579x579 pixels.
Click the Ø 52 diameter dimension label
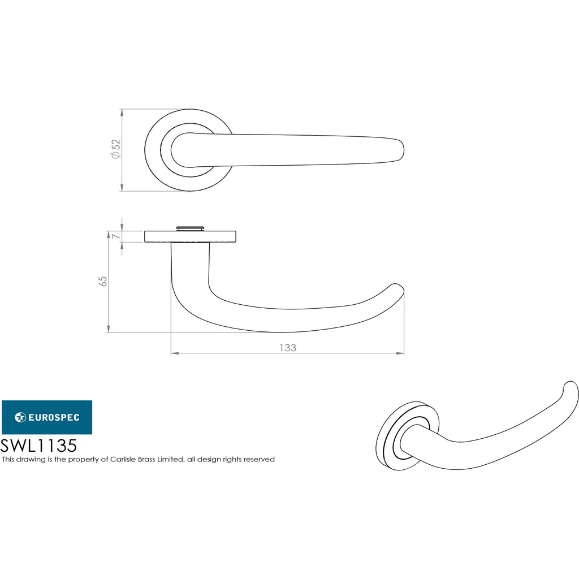pyautogui.click(x=116, y=149)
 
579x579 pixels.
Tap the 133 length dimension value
pyautogui.click(x=288, y=348)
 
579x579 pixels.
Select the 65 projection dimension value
pyautogui.click(x=103, y=282)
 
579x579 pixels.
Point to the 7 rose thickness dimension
pyautogui.click(x=116, y=236)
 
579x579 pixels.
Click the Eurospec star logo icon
pyautogui.click(x=20, y=417)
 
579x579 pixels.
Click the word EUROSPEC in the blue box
pyautogui.click(x=54, y=417)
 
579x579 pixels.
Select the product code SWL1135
pyautogui.click(x=38, y=446)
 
